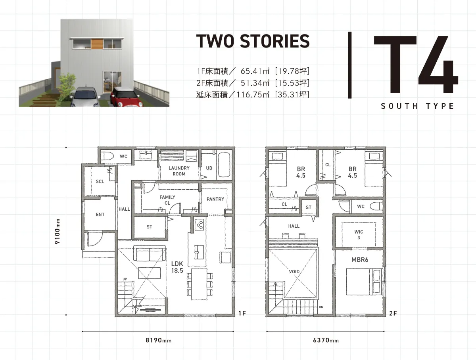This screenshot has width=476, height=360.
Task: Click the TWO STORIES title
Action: pyautogui.click(x=253, y=41)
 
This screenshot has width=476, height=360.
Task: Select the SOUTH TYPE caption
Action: pyautogui.click(x=417, y=106)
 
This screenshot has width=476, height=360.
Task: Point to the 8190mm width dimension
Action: pyautogui.click(x=158, y=340)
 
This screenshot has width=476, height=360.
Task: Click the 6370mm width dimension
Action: pyautogui.click(x=326, y=340)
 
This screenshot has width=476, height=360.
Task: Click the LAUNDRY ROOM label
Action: pyautogui.click(x=179, y=171)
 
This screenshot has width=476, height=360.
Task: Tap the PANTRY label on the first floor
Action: pyautogui.click(x=215, y=199)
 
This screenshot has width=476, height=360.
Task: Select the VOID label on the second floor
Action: pyautogui.click(x=294, y=272)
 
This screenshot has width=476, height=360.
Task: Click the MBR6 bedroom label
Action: pyautogui.click(x=360, y=260)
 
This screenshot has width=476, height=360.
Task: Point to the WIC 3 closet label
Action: pyautogui.click(x=359, y=234)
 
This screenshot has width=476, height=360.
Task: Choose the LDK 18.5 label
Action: pyautogui.click(x=177, y=267)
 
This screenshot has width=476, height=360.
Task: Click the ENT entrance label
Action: pyautogui.click(x=100, y=214)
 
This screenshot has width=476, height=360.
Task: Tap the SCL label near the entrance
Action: pyautogui.click(x=100, y=181)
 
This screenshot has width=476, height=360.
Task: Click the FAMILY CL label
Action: pyautogui.click(x=167, y=200)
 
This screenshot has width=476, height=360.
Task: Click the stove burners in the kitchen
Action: pyautogui.click(x=199, y=225)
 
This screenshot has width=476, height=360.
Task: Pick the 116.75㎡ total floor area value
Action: pyautogui.click(x=253, y=94)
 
